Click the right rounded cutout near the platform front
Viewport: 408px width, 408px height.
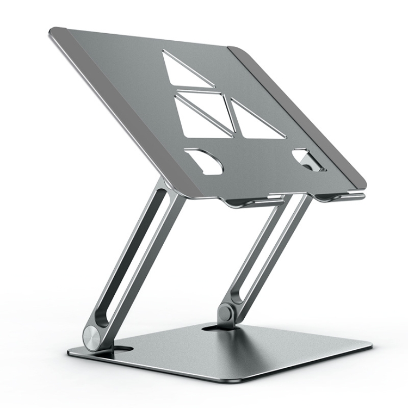tap(307, 159)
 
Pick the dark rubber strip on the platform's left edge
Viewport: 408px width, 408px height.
tap(109, 109)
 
